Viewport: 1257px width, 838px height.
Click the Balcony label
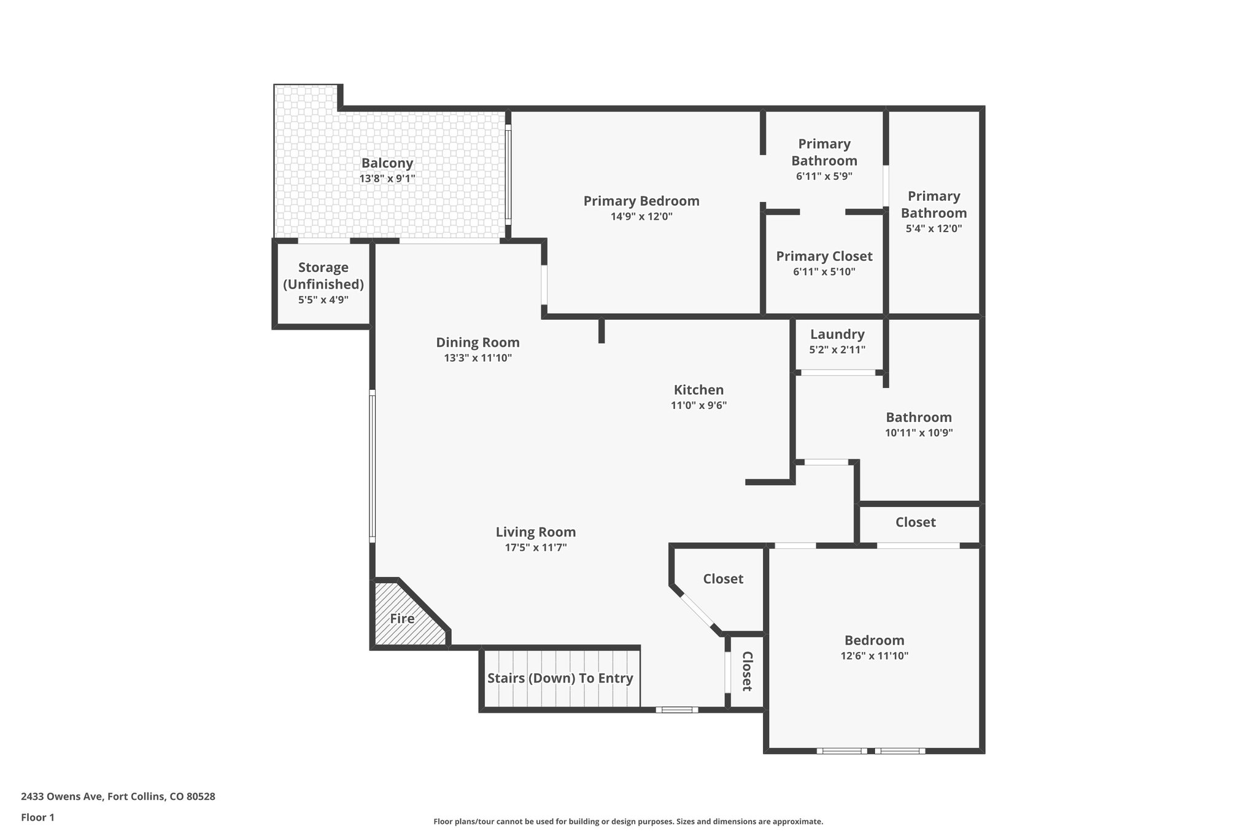(x=387, y=163)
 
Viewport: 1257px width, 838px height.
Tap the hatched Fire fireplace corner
(x=403, y=619)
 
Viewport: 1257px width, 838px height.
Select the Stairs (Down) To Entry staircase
(x=560, y=678)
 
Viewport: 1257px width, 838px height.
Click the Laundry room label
(x=837, y=335)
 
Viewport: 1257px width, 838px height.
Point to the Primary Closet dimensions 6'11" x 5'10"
(x=824, y=272)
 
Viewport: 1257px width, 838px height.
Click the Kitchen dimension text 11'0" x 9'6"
(x=698, y=405)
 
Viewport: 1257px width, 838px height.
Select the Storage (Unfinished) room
(x=323, y=283)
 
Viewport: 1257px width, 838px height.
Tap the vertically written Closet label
(x=747, y=671)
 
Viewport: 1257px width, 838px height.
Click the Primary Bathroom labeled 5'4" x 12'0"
(x=934, y=212)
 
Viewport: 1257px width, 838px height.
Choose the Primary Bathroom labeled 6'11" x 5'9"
(x=824, y=160)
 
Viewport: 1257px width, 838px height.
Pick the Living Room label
(x=535, y=532)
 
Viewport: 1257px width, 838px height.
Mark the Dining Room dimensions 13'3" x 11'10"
(x=478, y=358)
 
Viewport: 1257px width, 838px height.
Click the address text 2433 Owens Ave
(x=118, y=797)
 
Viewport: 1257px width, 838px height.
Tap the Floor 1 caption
(x=37, y=818)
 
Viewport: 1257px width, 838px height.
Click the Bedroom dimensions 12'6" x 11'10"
(x=874, y=656)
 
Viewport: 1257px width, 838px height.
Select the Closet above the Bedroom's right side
(x=915, y=522)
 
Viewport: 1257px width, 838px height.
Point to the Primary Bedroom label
(x=641, y=201)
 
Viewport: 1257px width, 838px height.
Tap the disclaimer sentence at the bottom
(x=628, y=821)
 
